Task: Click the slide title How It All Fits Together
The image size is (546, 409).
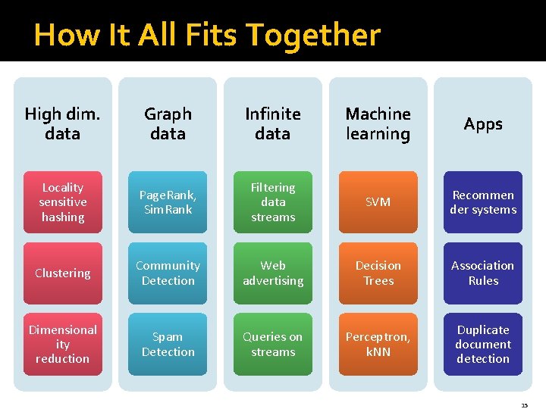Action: pos(207,35)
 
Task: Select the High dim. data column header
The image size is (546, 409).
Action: pos(62,123)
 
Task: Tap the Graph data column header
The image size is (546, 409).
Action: pos(168,123)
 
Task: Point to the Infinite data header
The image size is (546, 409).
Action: pos(273,123)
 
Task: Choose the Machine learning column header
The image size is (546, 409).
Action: pos(378,123)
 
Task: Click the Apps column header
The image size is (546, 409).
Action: pos(483,123)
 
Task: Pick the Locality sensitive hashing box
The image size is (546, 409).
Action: pos(62,202)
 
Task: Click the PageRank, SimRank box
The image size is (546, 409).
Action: pos(168,202)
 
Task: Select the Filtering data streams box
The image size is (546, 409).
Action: pos(273,202)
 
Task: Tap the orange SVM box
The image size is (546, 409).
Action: pos(378,202)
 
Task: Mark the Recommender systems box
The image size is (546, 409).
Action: pos(483,202)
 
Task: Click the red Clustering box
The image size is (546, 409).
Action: pos(62,273)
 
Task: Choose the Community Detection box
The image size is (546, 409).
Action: pos(168,273)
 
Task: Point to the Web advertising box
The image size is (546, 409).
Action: pos(273,273)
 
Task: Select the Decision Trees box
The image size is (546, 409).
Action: pos(378,273)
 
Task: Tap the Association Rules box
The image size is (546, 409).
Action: pos(483,273)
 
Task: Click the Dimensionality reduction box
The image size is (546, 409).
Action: pos(62,344)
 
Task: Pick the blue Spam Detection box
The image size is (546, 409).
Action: pos(168,344)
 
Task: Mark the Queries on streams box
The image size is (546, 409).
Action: pos(273,344)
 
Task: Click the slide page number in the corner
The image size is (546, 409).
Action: pos(524,405)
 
